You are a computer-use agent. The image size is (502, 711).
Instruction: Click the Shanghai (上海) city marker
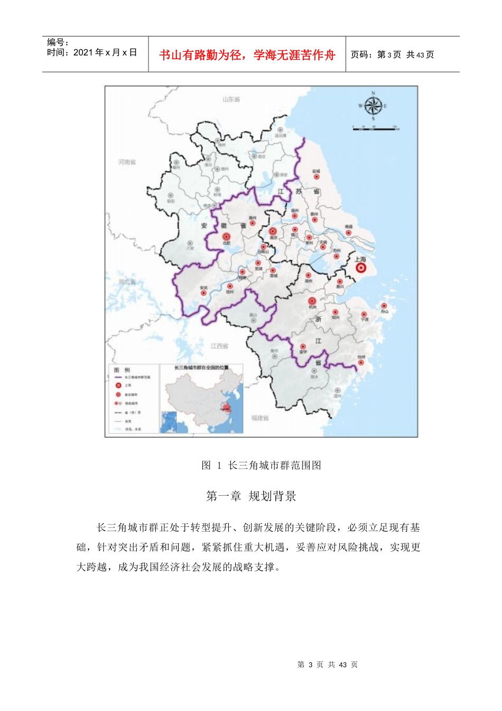361,268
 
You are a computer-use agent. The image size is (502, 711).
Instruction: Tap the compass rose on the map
373,106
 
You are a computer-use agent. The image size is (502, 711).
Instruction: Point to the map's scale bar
376,128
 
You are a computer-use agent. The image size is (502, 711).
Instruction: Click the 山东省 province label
231,99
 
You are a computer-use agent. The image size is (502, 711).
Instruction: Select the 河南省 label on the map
127,162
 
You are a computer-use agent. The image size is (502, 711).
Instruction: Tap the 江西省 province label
219,346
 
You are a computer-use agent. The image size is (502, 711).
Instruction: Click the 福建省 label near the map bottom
260,418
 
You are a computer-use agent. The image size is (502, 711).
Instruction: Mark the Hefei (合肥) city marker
227,237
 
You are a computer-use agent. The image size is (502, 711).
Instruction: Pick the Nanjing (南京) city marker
273,231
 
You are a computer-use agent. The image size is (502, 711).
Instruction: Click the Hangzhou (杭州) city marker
312,301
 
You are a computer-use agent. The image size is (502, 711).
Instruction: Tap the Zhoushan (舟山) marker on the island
384,306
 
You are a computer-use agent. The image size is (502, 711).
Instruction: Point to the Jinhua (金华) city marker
303,347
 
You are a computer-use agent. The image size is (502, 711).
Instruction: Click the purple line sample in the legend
118,377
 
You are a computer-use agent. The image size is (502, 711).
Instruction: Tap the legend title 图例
122,370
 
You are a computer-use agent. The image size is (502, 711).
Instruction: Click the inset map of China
202,399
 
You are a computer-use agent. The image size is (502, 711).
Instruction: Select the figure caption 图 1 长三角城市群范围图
261,466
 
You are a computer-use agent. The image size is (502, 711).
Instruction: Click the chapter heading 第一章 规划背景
251,496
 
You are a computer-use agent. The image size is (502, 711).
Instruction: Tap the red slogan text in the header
247,55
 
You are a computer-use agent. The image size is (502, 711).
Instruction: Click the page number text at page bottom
328,664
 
